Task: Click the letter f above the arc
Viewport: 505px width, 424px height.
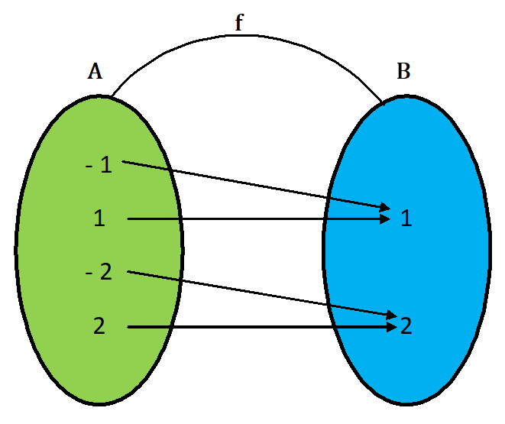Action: coord(239,24)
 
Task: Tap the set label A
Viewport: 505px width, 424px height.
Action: coord(95,72)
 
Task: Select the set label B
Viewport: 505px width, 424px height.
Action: coord(403,72)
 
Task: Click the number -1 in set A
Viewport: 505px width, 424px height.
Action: coord(99,165)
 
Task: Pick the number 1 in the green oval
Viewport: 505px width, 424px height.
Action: coord(99,218)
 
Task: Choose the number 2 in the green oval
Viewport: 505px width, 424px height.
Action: coord(99,325)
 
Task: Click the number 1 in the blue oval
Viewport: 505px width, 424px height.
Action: coord(406,219)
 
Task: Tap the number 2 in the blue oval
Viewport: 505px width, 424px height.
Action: coord(406,326)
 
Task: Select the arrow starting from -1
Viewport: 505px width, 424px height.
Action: coord(252,184)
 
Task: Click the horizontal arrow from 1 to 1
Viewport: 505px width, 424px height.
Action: coord(252,219)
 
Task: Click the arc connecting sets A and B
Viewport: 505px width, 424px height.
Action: coord(244,35)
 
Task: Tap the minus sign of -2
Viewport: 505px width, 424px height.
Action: coord(89,273)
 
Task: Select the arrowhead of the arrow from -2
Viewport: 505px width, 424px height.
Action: coord(389,313)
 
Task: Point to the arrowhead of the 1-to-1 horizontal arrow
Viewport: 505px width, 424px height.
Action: coord(386,219)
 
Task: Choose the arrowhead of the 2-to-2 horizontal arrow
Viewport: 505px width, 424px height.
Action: coord(391,327)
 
